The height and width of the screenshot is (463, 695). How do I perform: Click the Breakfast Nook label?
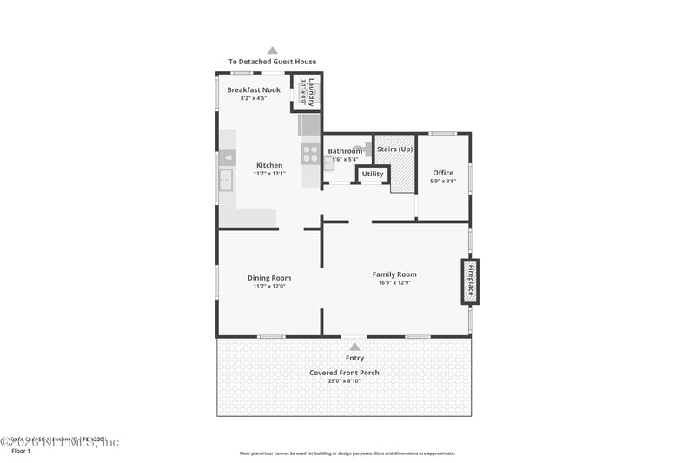tap(254, 89)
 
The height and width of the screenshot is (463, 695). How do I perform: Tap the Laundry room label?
tap(311, 92)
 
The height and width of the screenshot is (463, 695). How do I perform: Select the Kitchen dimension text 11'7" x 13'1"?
tap(268, 174)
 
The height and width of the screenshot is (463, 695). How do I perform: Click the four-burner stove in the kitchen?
tap(310, 154)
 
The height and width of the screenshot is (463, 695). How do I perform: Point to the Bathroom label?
tap(345, 151)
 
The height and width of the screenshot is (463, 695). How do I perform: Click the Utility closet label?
tap(373, 174)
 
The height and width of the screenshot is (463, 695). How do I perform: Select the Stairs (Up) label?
tap(394, 149)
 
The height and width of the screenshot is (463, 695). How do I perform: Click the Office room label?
tap(443, 173)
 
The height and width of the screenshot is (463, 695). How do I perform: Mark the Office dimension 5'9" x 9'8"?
tap(443, 182)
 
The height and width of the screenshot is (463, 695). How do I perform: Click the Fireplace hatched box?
tap(470, 281)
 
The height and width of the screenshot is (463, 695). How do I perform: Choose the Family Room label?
tap(394, 274)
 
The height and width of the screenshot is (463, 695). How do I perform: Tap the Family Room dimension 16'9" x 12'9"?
tap(394, 283)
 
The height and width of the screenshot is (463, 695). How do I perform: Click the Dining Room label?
tap(268, 278)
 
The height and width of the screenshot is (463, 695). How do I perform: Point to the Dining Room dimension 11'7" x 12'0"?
tap(268, 287)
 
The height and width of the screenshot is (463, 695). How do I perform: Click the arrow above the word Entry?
tap(354, 347)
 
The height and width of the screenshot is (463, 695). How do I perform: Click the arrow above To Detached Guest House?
tap(272, 50)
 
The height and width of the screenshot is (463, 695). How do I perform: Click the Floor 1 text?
tap(19, 452)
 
